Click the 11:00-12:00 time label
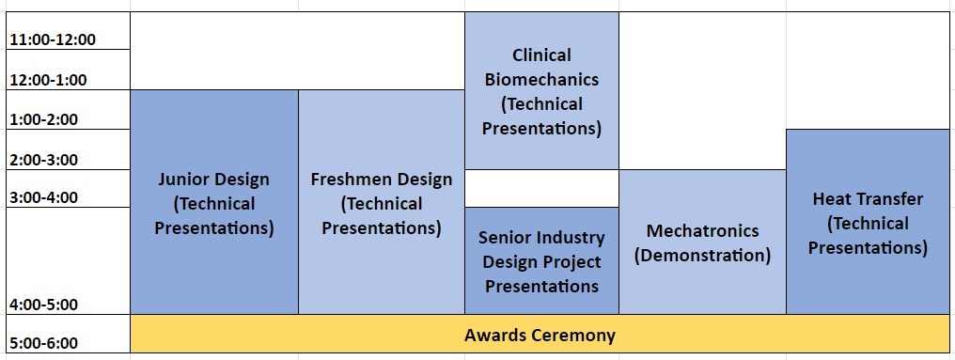(53, 40)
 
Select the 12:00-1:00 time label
(49, 81)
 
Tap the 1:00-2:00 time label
(44, 119)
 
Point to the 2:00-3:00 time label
(44, 160)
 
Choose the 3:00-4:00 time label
(44, 197)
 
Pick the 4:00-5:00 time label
(44, 305)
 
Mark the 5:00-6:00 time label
(44, 344)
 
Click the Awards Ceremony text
(540, 335)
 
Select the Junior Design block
(214, 202)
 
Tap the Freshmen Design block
(382, 202)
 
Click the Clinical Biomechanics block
(542, 91)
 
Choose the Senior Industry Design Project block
(542, 260)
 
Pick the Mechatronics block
(703, 242)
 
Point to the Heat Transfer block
(868, 222)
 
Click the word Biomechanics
(542, 80)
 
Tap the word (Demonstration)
(703, 256)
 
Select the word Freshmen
(348, 180)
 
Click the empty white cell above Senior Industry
(542, 188)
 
